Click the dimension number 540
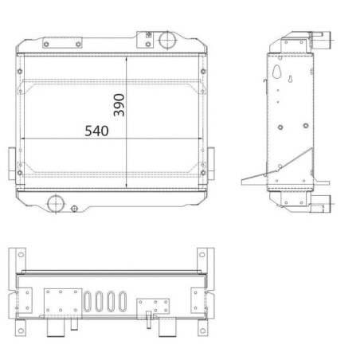pyautogui.click(x=96, y=131)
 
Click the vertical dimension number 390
pyautogui.click(x=119, y=105)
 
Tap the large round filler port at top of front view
pyautogui.click(x=167, y=40)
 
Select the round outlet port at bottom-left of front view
pyautogui.click(x=56, y=204)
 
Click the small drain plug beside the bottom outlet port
pyautogui.click(x=75, y=209)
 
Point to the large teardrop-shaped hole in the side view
pyautogui.click(x=276, y=72)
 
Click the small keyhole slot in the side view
pyautogui.click(x=290, y=79)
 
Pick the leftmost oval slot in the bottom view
pyautogui.click(x=87, y=301)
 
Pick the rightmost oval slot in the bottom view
pyautogui.click(x=123, y=301)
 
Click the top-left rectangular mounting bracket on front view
pyautogui.click(x=62, y=43)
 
